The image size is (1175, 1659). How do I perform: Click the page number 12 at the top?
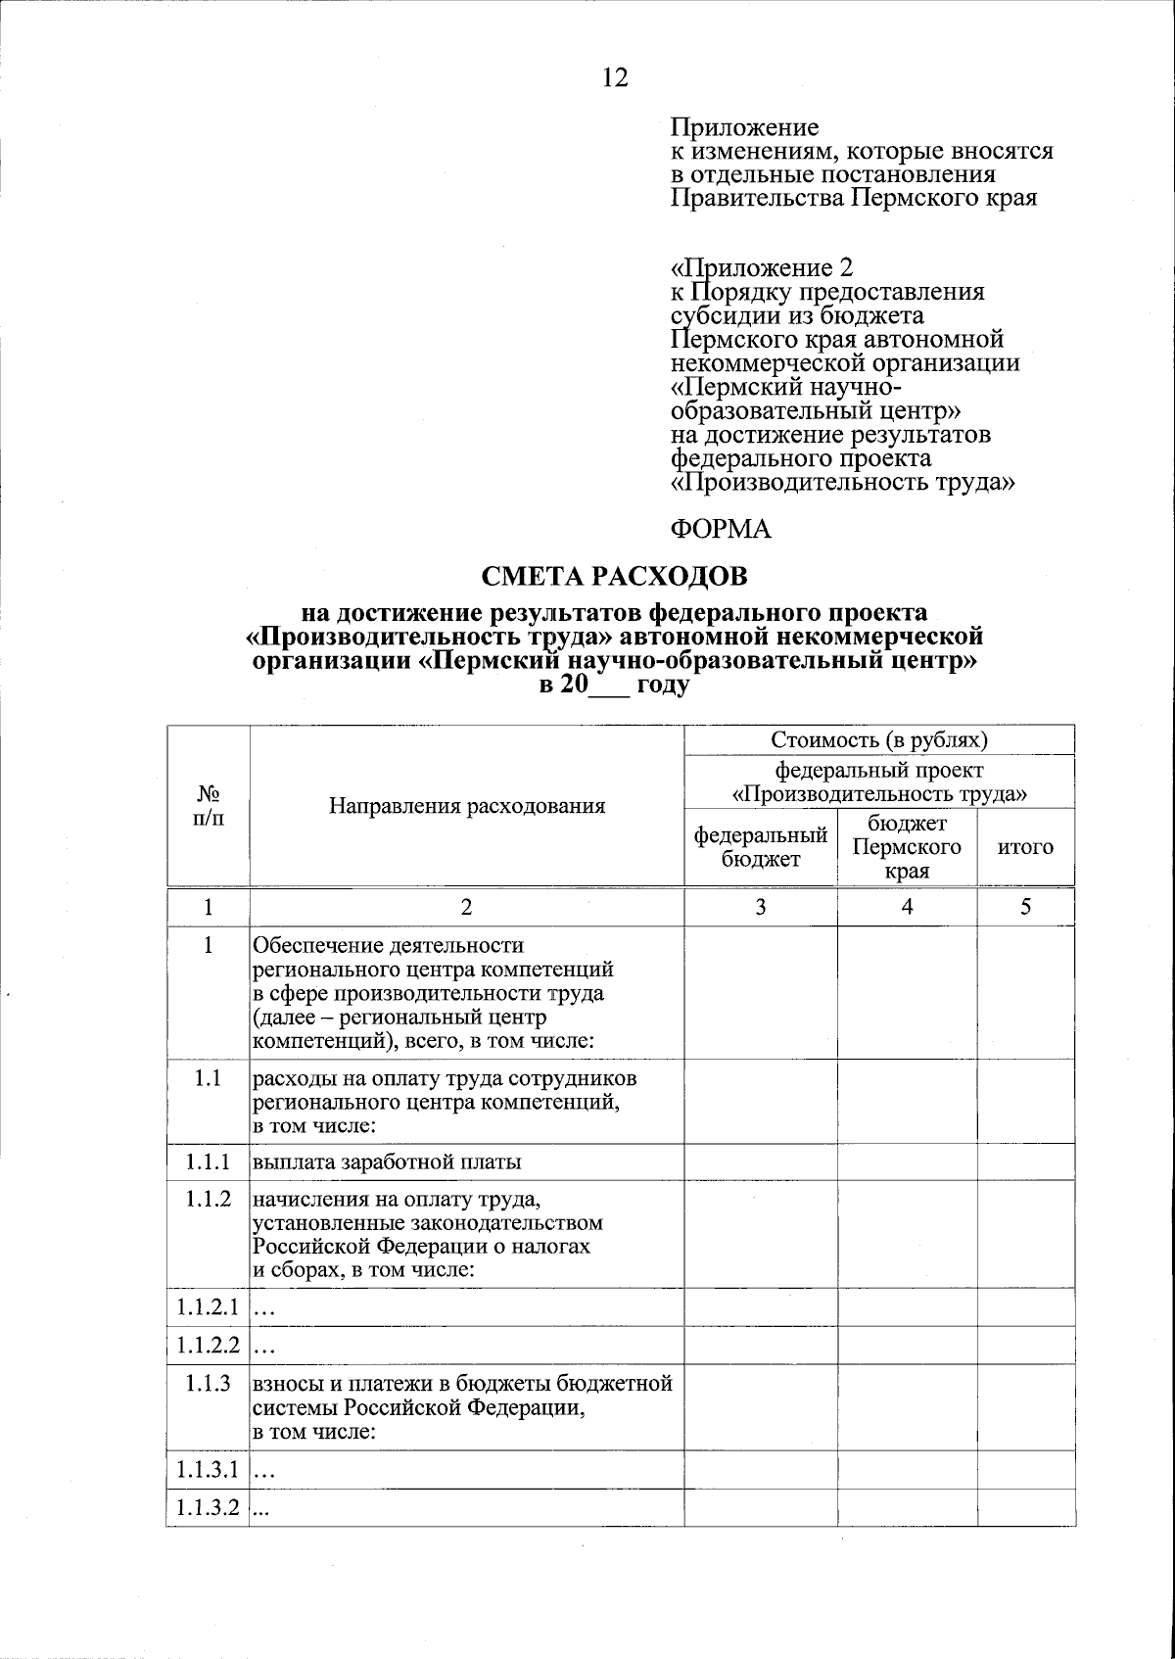(615, 78)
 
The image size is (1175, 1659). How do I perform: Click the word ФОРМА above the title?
(721, 530)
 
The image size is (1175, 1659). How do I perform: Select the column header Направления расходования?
(467, 806)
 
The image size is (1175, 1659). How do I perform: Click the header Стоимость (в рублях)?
(879, 739)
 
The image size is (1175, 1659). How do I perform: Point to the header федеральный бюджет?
(761, 847)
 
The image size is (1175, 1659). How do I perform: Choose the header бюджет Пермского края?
(907, 847)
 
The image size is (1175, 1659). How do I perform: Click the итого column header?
(1025, 847)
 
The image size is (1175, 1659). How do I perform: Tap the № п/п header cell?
(208, 806)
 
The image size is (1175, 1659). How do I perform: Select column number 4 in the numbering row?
(907, 907)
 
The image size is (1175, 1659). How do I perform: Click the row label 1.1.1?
(208, 1162)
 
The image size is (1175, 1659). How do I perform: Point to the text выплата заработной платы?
(388, 1162)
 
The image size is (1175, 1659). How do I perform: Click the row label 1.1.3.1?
(208, 1470)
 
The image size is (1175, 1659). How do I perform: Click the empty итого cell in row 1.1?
(1025, 1102)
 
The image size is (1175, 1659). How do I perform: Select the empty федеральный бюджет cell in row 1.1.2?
(761, 1234)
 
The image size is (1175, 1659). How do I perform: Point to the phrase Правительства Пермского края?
(853, 199)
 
